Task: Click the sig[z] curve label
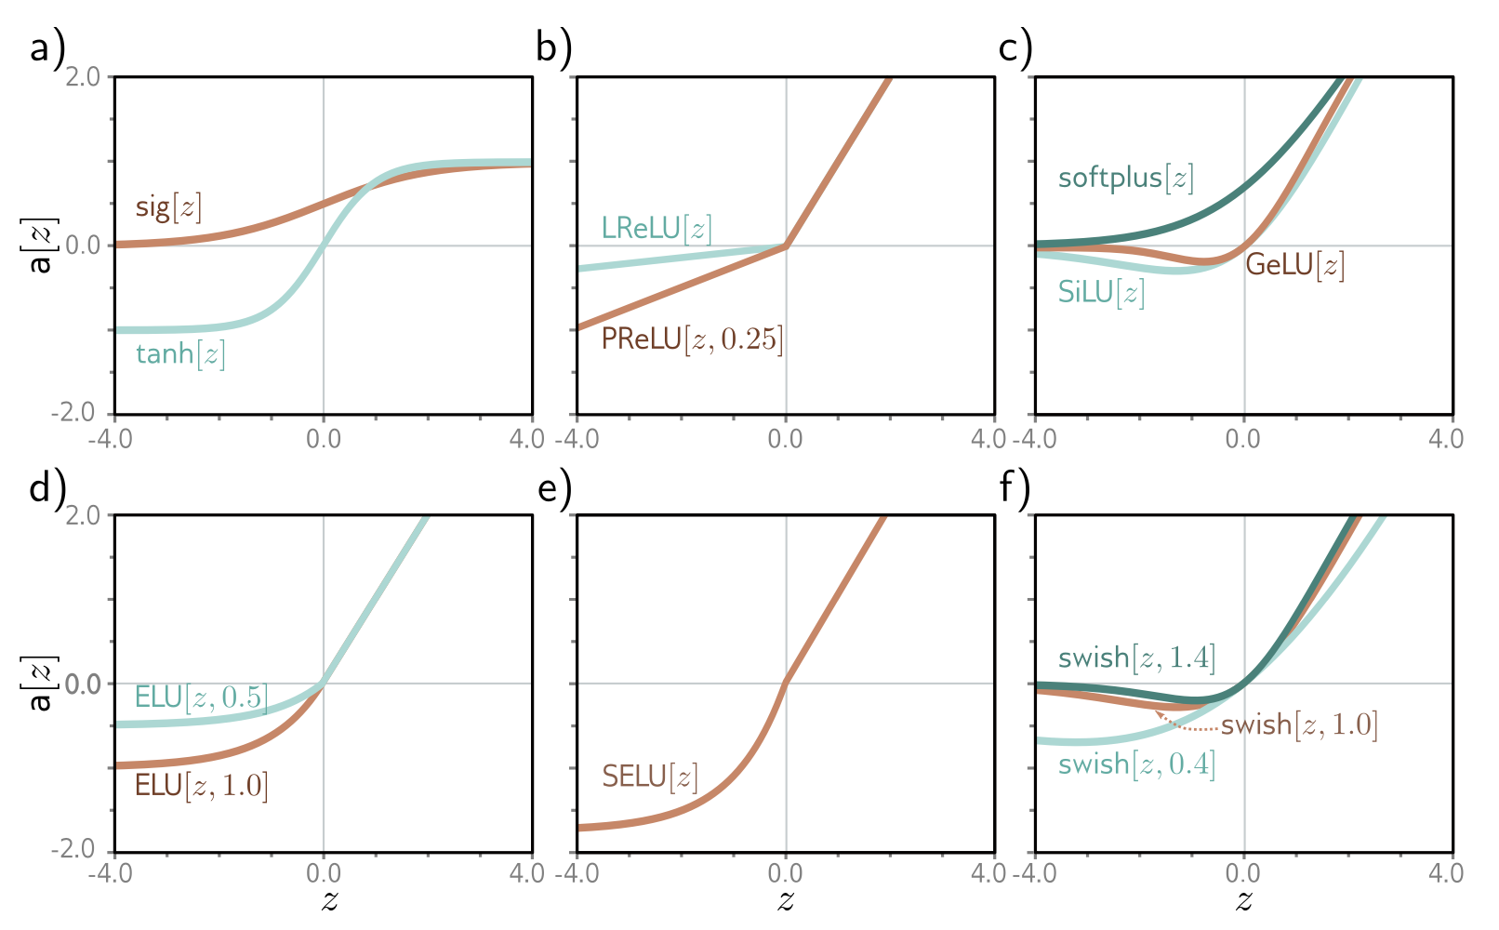tap(168, 206)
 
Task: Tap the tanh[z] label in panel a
tap(180, 354)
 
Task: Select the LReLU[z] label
tap(656, 229)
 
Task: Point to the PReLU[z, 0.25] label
tap(692, 339)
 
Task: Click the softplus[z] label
tap(1125, 178)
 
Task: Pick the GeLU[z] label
tap(1294, 265)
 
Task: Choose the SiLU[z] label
tap(1101, 293)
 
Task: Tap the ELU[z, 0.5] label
tap(201, 697)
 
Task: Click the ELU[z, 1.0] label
tap(201, 786)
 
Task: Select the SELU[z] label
tap(649, 777)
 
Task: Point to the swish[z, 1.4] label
tap(1136, 658)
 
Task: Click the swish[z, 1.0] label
tap(1299, 724)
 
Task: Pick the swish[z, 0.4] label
tap(1136, 764)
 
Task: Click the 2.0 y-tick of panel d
tap(84, 514)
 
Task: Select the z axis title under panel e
tap(786, 900)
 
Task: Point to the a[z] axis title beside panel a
tap(40, 246)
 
